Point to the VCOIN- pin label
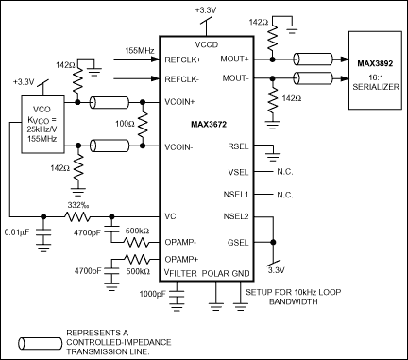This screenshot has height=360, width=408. point(180,146)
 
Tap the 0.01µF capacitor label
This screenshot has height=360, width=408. point(18,231)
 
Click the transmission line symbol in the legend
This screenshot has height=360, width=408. point(35,337)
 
